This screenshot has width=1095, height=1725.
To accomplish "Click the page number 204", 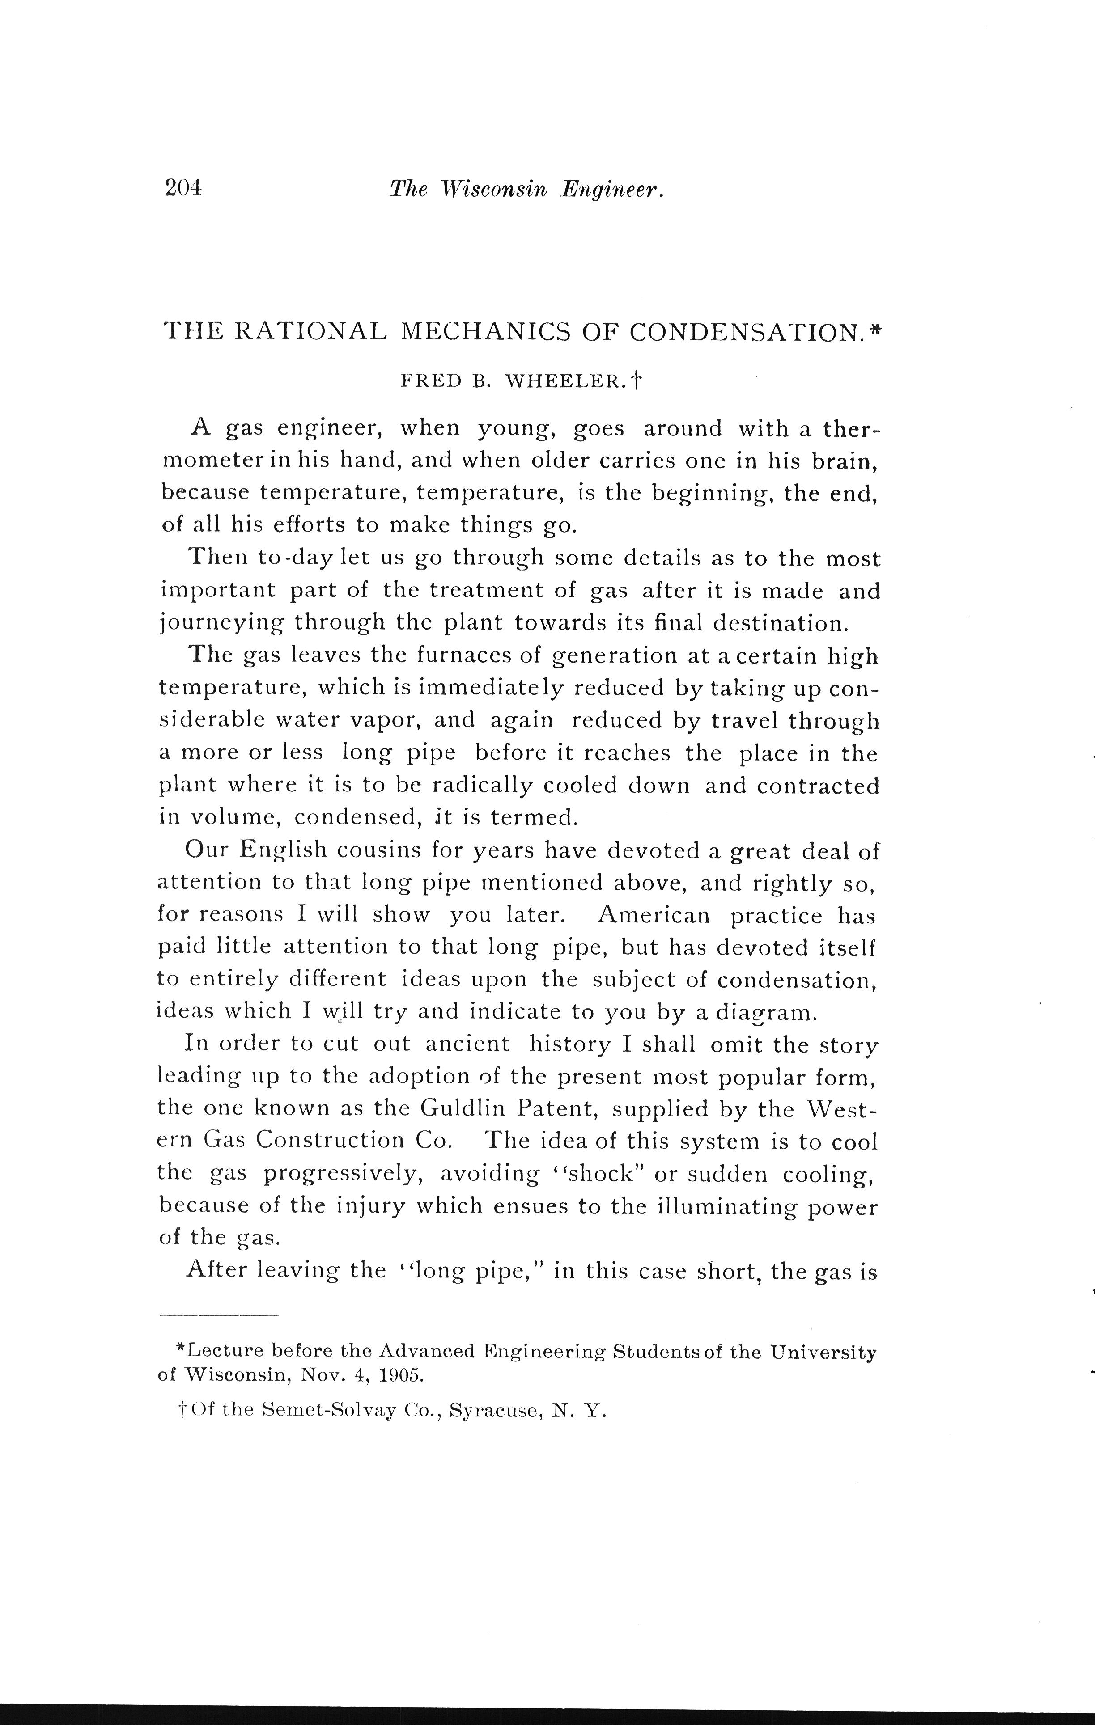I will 183,188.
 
